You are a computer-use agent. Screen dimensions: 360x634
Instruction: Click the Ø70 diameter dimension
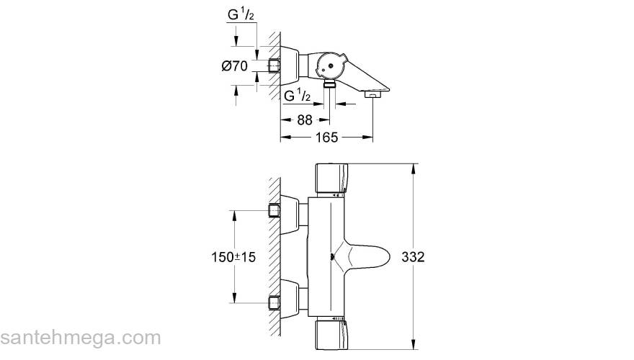(235, 66)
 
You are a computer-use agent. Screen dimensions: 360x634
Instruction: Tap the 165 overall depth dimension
(326, 139)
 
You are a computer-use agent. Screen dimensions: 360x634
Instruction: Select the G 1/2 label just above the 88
(298, 96)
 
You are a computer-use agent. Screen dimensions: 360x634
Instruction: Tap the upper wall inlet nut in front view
(274, 210)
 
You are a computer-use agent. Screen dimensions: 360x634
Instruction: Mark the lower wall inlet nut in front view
(274, 302)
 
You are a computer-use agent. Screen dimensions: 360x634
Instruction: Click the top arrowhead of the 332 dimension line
(412, 168)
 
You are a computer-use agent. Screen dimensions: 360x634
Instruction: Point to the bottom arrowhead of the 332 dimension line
(412, 345)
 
